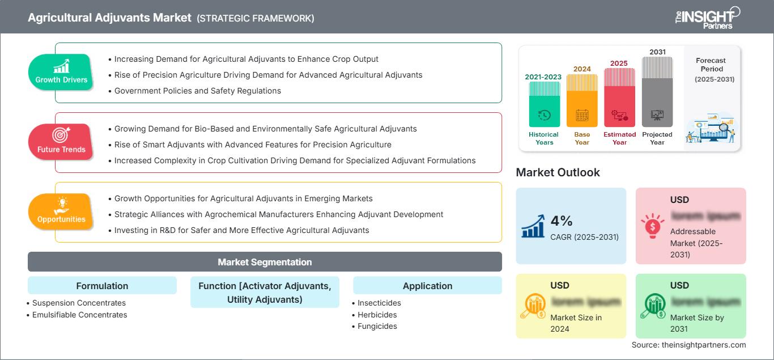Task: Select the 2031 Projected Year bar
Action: (657, 94)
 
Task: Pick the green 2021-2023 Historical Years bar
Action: (544, 105)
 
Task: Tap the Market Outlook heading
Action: (558, 172)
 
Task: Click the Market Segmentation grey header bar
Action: (265, 262)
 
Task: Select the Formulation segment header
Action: (102, 286)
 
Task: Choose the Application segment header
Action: (427, 286)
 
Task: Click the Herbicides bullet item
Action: (377, 315)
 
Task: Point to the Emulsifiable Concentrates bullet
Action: (79, 315)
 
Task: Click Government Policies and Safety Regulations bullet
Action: (197, 91)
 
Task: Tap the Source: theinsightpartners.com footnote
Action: (688, 345)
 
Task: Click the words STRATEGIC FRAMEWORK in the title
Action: (256, 18)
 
